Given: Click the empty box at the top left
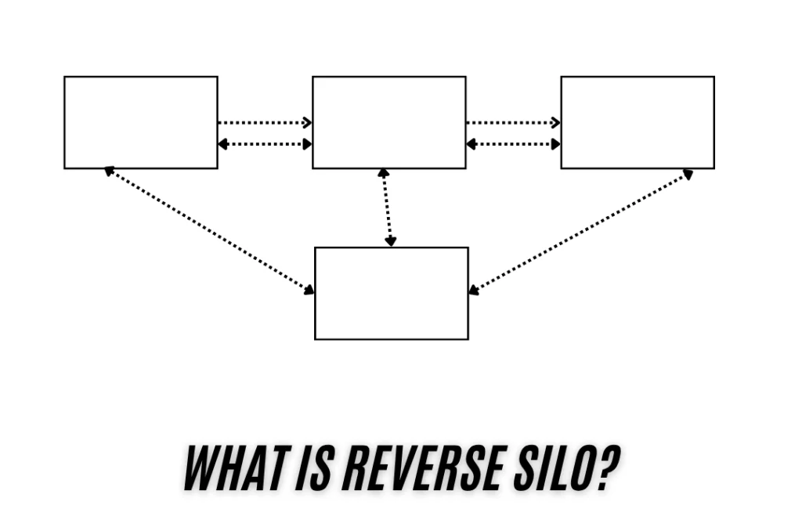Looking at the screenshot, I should [141, 122].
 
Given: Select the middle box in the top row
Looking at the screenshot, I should [389, 122].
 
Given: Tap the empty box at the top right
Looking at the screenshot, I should [638, 122].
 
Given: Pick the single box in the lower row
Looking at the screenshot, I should [392, 293].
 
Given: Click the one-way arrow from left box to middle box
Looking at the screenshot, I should [265, 122].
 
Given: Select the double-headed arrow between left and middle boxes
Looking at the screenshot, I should [265, 144].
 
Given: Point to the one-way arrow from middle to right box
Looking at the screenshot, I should [513, 122].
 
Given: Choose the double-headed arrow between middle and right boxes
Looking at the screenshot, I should [513, 144].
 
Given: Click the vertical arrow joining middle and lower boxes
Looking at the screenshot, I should [387, 208].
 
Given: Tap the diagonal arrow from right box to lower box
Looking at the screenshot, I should [580, 232].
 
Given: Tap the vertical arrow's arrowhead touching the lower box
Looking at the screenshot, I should [390, 241].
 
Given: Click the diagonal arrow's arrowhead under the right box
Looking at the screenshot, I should [688, 174].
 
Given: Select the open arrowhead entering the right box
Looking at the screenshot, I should [555, 122].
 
